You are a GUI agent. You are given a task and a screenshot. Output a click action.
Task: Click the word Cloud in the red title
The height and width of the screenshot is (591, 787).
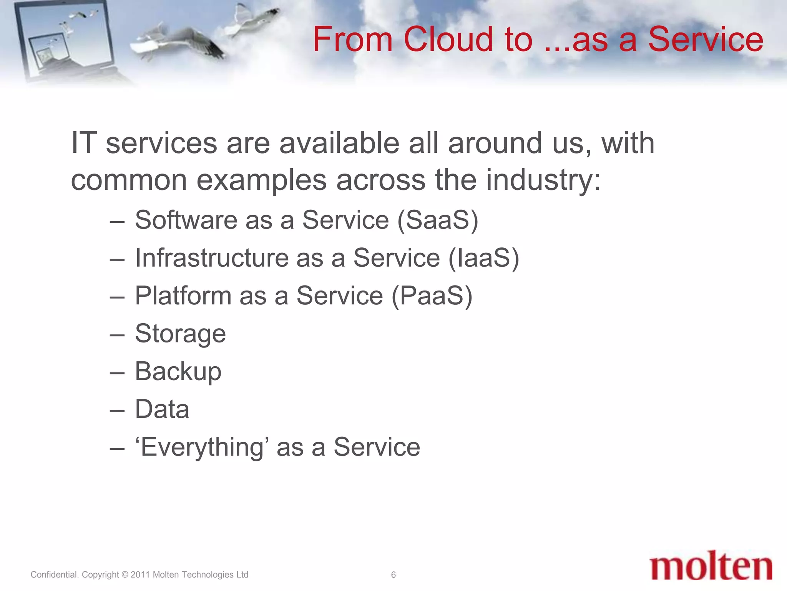[x=448, y=39]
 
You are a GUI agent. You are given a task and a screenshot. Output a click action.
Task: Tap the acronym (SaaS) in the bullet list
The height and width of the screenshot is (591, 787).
[x=438, y=220]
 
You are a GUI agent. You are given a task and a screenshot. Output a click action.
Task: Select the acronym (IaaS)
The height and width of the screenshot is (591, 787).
[x=484, y=258]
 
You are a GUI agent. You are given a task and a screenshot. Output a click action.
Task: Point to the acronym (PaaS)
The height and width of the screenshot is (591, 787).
[x=432, y=295]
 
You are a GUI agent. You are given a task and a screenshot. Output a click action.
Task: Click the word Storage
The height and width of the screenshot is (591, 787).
[x=180, y=334]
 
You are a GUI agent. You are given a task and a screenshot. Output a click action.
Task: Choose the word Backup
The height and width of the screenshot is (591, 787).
[x=178, y=371]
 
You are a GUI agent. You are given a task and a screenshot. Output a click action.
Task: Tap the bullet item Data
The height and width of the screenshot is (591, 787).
[x=162, y=409]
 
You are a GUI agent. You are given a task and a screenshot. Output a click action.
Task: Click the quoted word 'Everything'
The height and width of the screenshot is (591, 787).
[x=202, y=447]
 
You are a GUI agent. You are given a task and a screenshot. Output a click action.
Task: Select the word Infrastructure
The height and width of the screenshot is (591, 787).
[x=212, y=258]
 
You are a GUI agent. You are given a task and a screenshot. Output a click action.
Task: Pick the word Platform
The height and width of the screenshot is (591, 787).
[x=183, y=295]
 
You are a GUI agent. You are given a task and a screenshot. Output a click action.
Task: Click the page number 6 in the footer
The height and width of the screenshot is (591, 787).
[x=393, y=575]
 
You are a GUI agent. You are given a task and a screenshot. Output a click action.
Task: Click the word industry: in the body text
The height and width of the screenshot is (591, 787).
[x=543, y=180]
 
